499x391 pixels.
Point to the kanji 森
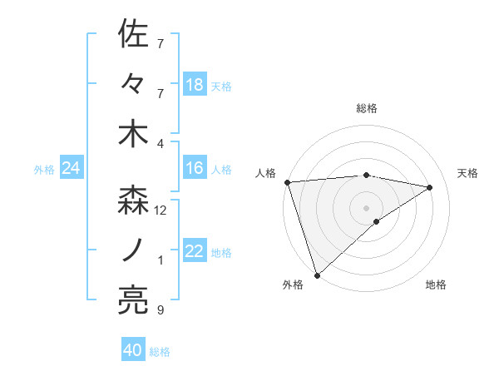click(133, 200)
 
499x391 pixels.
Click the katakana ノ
click(133, 250)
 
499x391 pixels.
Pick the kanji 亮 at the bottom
click(133, 299)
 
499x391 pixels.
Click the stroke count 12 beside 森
click(161, 210)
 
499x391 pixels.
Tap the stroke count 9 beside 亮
click(161, 310)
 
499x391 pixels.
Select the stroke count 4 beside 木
click(161, 144)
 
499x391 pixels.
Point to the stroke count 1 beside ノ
click(161, 260)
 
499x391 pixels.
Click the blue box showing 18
click(195, 85)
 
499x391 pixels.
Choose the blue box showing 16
click(195, 169)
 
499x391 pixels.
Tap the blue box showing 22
click(195, 252)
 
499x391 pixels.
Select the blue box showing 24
click(71, 169)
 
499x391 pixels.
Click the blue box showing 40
click(133, 350)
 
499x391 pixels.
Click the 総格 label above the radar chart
click(367, 108)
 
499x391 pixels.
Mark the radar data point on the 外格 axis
click(317, 274)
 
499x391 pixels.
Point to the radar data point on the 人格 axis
click(287, 181)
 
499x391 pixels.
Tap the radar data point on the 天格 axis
click(430, 187)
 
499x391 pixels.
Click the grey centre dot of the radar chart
click(367, 206)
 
